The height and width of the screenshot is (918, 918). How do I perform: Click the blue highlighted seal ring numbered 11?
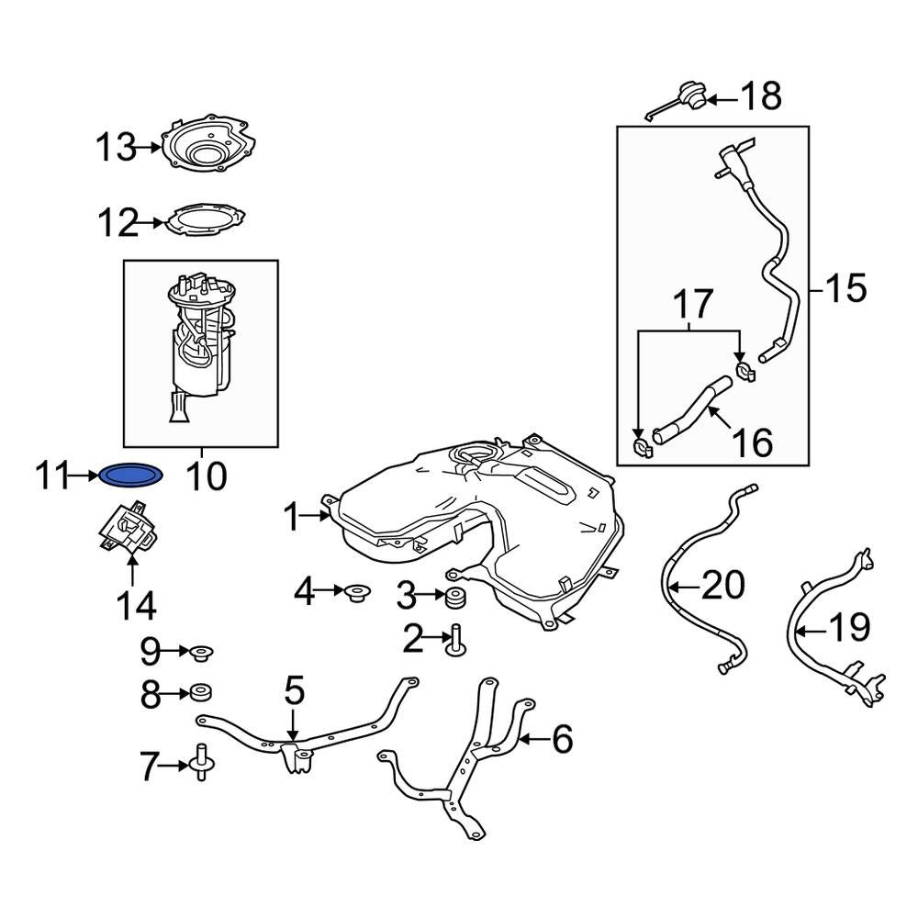pyautogui.click(x=131, y=475)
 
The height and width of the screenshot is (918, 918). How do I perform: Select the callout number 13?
pyautogui.click(x=117, y=147)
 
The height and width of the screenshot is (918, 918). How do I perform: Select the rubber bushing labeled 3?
pyautogui.click(x=454, y=599)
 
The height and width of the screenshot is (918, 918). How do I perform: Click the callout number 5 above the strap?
pyautogui.click(x=293, y=690)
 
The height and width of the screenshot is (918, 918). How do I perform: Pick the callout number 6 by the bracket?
pyautogui.click(x=561, y=737)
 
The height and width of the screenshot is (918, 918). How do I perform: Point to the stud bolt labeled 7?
pyautogui.click(x=200, y=762)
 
